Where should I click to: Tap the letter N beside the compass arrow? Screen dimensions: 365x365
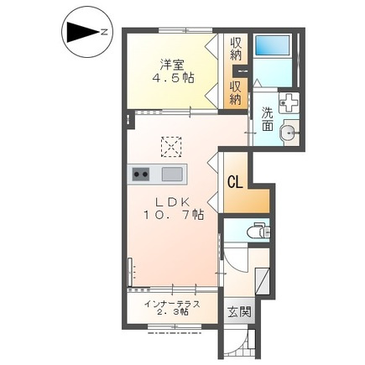[104, 33]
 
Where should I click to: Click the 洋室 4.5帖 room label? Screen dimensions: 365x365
[173, 71]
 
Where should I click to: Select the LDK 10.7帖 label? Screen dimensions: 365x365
[174, 208]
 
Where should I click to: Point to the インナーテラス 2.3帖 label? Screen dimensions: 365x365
[172, 308]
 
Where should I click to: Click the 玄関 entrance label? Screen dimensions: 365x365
[239, 312]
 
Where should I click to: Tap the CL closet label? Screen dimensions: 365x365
[235, 182]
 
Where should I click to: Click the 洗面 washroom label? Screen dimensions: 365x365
[268, 119]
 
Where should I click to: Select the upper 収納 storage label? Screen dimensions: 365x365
[236, 49]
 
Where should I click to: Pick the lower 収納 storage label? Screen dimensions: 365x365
[236, 94]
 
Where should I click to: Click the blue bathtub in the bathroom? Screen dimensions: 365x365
[273, 46]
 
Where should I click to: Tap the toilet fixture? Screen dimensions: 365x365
[259, 231]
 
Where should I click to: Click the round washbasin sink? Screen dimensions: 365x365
[289, 132]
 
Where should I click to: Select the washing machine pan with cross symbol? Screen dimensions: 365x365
[289, 103]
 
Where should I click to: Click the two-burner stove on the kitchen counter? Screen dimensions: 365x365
[141, 174]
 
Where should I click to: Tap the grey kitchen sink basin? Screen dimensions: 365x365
[172, 174]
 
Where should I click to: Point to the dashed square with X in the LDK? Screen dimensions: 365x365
[171, 147]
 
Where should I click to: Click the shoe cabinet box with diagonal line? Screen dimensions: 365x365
[263, 281]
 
